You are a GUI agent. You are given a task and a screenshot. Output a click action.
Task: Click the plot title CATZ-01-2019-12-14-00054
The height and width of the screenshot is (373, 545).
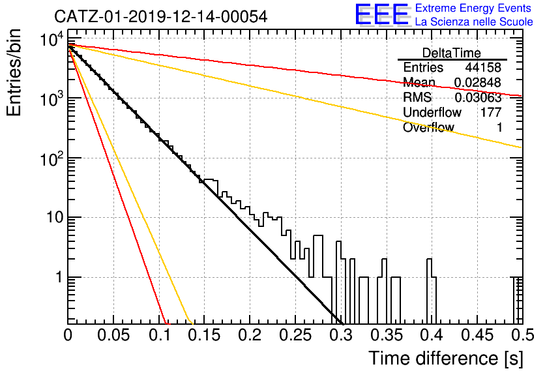[x=160, y=16]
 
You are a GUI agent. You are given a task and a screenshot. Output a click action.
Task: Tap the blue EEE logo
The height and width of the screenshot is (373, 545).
[x=382, y=14]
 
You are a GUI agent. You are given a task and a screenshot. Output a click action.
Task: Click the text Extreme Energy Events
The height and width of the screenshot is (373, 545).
[x=473, y=8]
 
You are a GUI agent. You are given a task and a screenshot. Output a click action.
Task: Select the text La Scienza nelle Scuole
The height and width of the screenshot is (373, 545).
[x=474, y=22]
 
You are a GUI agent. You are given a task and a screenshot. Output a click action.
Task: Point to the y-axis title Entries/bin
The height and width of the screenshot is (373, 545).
[x=14, y=72]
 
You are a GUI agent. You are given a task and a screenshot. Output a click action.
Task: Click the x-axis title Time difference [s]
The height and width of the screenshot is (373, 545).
[x=446, y=359]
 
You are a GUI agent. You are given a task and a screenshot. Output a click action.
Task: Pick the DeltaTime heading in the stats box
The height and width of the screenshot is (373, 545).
[x=451, y=53]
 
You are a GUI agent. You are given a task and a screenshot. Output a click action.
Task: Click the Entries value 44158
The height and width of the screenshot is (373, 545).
[x=483, y=67]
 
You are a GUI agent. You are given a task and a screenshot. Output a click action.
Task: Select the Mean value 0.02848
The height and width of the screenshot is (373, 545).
[x=478, y=82]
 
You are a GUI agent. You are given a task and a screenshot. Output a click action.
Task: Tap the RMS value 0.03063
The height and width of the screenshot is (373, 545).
[x=478, y=97]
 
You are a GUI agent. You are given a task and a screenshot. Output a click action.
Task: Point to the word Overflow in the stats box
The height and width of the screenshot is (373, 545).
[x=428, y=127]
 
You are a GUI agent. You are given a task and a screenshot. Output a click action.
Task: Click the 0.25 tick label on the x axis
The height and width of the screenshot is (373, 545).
[x=296, y=335]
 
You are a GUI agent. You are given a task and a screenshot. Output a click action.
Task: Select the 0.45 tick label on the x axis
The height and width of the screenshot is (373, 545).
[x=477, y=335]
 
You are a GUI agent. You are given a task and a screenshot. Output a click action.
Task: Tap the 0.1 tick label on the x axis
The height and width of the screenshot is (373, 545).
[x=160, y=335]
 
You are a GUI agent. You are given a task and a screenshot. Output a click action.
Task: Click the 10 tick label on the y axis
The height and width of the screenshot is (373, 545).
[x=55, y=218]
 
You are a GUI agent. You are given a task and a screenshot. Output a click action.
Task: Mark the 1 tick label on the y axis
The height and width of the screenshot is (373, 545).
[x=59, y=277]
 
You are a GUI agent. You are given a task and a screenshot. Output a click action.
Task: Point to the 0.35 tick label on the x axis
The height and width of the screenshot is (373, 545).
[x=387, y=335]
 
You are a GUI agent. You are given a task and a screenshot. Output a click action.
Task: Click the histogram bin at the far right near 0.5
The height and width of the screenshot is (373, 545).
[x=518, y=301]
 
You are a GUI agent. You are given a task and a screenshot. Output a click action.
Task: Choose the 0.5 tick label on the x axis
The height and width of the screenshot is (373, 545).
[x=523, y=335]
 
